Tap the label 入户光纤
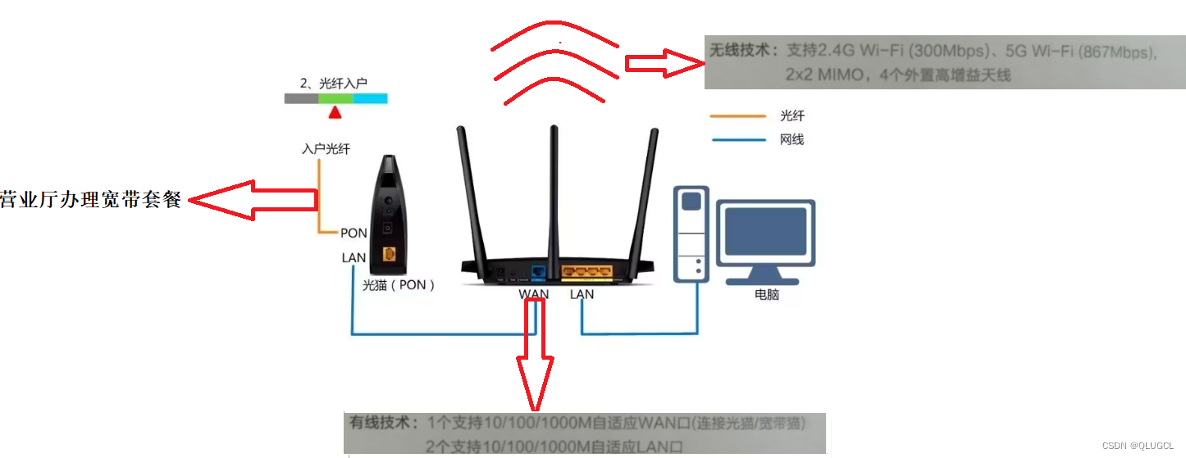point(326,149)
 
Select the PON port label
point(354,234)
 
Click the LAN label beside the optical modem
point(354,257)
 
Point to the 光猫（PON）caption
point(399,285)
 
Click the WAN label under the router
point(533,293)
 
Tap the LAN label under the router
point(582,293)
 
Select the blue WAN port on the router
point(539,270)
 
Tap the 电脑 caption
point(767,294)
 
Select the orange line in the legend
point(738,116)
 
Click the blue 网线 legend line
point(738,140)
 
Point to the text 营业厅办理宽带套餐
point(90,199)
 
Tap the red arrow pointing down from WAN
point(535,361)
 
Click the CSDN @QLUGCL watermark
point(1138,445)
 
